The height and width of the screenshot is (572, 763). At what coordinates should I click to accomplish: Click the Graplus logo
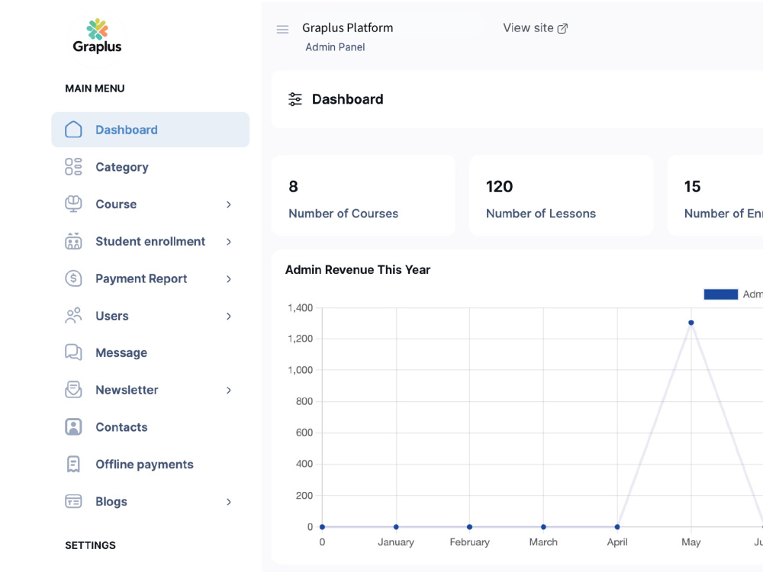98,37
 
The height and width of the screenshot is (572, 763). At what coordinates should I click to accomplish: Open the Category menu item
121,167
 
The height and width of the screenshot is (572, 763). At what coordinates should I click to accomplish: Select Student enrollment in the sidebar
150,241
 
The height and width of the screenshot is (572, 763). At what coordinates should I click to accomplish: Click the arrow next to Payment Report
229,278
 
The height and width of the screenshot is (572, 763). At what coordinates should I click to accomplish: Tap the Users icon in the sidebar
73,316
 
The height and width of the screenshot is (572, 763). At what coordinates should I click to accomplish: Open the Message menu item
121,352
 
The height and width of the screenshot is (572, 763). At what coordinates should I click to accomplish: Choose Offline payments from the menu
144,464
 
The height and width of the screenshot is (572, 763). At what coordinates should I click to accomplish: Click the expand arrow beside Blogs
229,502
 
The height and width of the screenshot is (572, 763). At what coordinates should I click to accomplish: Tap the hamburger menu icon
282,29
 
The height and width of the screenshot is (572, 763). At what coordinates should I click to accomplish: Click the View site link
536,28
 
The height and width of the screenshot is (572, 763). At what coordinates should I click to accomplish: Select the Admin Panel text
335,47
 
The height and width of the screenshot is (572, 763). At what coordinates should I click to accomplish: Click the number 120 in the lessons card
499,186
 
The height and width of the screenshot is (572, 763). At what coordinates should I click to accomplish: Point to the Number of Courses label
343,214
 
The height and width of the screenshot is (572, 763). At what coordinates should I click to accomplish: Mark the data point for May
691,323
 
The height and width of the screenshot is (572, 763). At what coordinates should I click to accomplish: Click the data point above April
617,527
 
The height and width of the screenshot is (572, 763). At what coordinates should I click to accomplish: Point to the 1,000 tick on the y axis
300,370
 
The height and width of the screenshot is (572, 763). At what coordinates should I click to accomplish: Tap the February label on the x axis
469,541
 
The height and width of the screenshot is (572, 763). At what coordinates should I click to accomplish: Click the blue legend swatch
721,294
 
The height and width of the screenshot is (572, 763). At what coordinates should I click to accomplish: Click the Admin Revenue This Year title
358,270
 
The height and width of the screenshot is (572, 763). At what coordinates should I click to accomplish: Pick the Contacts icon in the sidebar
73,427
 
